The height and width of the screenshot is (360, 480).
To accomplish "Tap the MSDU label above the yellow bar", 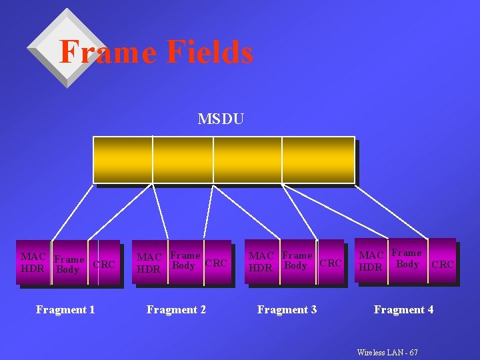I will (x=221, y=119).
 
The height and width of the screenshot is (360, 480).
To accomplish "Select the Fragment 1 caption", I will (x=65, y=309).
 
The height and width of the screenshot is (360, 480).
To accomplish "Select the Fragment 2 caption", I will (x=176, y=309).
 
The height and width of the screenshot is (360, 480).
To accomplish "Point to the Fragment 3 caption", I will (x=287, y=309).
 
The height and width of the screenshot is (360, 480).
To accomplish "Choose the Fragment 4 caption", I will (x=403, y=309).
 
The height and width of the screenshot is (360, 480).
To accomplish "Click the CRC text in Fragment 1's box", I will (x=104, y=265).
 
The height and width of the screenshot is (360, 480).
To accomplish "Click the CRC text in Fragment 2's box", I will (x=216, y=263).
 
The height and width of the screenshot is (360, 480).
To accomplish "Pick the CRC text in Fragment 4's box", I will (x=442, y=265).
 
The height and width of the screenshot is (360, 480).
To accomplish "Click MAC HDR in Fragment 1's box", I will (x=33, y=262).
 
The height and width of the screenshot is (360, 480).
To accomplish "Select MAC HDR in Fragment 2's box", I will (x=149, y=263).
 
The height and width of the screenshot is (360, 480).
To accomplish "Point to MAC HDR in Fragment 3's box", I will (x=261, y=261).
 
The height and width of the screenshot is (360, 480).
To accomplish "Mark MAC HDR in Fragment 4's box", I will (x=371, y=261).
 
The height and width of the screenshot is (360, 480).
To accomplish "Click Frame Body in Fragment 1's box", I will (x=69, y=265).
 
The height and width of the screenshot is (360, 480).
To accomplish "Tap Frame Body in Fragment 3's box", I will (x=297, y=261).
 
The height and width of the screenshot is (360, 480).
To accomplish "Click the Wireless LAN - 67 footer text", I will (x=387, y=352).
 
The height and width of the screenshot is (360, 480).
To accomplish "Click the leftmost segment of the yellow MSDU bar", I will (x=123, y=159).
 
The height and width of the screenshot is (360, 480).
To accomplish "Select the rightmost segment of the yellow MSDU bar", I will (x=318, y=159).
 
